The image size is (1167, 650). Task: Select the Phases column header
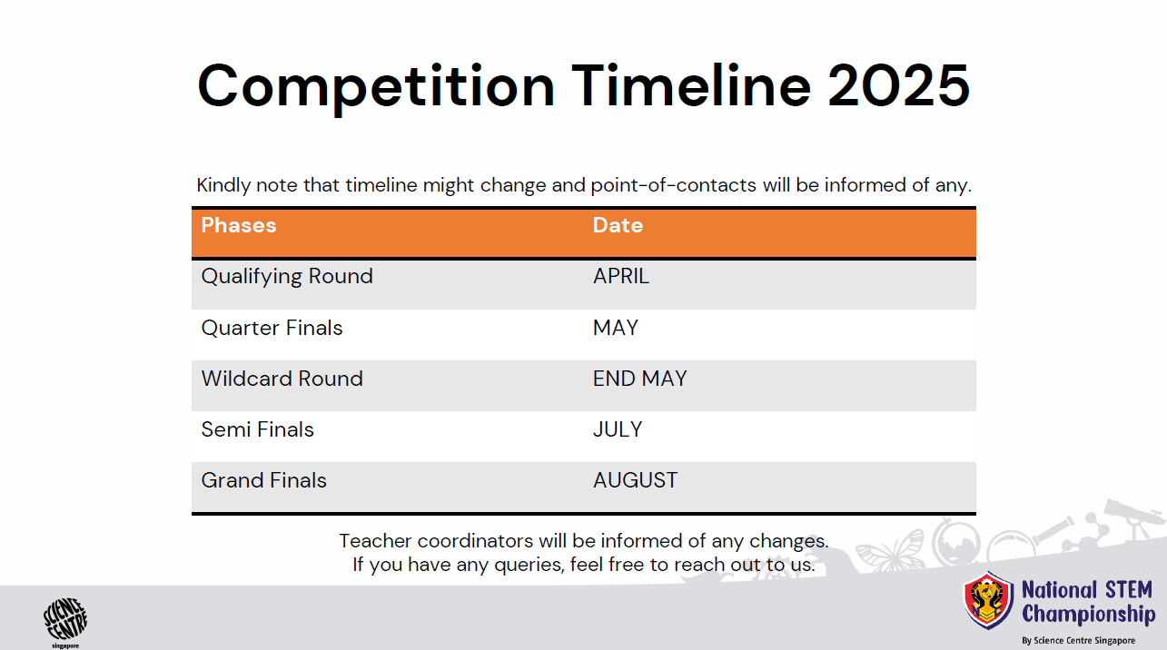[x=239, y=225]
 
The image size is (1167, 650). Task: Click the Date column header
[x=618, y=225]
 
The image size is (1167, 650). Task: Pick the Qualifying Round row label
[x=287, y=276]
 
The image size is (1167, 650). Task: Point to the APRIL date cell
[x=621, y=276]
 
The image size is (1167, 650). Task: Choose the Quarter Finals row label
[x=272, y=328]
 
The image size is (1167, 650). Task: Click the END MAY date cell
[x=639, y=379]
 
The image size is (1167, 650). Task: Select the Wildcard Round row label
[x=282, y=379]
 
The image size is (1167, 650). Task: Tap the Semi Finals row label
[x=257, y=429]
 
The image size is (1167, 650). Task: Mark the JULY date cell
[x=618, y=429]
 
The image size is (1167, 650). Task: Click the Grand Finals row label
[x=263, y=480]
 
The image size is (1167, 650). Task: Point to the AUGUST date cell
[x=635, y=480]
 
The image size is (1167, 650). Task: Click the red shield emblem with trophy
[x=988, y=600]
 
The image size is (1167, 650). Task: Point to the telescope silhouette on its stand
[x=1136, y=527]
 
